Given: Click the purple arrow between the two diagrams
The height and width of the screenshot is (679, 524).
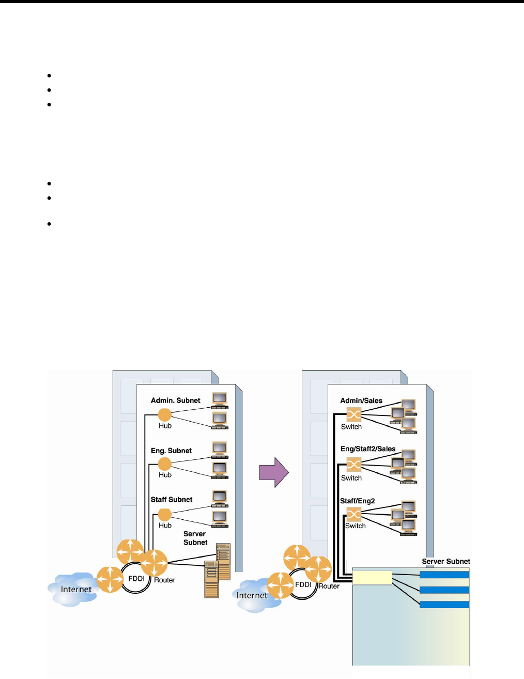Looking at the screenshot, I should click(273, 472).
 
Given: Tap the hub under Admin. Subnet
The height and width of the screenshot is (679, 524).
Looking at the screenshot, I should click(164, 414).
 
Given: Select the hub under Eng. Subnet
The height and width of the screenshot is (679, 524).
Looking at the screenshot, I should click(164, 464).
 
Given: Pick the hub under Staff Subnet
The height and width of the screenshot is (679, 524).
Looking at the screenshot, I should click(164, 514).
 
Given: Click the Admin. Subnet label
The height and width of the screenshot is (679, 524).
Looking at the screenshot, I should click(175, 400).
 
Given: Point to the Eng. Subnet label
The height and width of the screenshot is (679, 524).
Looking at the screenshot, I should click(171, 451).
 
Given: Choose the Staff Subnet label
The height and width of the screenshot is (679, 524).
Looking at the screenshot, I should click(171, 500).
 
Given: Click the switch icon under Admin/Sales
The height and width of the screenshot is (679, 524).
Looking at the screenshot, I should click(353, 414).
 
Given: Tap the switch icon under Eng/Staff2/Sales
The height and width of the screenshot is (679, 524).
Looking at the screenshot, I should click(353, 465).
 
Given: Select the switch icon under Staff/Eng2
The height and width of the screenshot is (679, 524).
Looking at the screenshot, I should click(353, 514).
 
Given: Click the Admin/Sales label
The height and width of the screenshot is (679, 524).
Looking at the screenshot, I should click(361, 400).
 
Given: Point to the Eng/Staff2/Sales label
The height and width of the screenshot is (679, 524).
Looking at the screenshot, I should click(368, 449).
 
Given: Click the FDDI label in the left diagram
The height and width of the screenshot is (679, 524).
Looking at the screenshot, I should click(136, 579).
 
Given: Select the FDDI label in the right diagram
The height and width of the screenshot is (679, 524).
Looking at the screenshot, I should click(303, 585).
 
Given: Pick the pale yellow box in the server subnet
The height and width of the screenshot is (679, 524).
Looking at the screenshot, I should click(372, 577).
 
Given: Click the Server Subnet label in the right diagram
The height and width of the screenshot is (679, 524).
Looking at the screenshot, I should click(446, 561).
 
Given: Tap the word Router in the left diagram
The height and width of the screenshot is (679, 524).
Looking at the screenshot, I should click(165, 580).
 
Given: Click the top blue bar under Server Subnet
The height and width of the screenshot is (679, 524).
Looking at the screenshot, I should click(444, 575).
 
